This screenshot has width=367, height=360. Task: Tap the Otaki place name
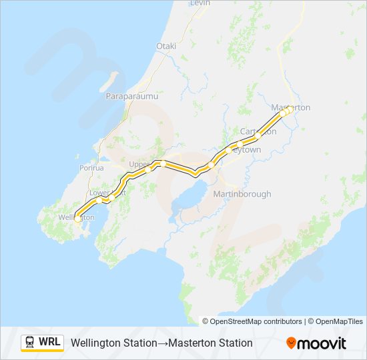pyautogui.click(x=165, y=46)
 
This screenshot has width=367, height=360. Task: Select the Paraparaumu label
pyautogui.click(x=131, y=97)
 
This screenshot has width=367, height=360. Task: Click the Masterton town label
pyautogui.click(x=291, y=107)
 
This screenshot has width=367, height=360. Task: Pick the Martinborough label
pyautogui.click(x=242, y=194)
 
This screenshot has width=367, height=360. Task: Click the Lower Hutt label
pyautogui.click(x=103, y=193)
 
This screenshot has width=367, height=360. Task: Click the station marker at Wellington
pyautogui.click(x=77, y=219)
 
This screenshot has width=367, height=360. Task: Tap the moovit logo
pyautogui.click(x=316, y=343)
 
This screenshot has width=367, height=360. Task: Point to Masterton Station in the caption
pyautogui.click(x=210, y=343)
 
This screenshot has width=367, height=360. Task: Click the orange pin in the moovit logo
pyautogui.click(x=292, y=343)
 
